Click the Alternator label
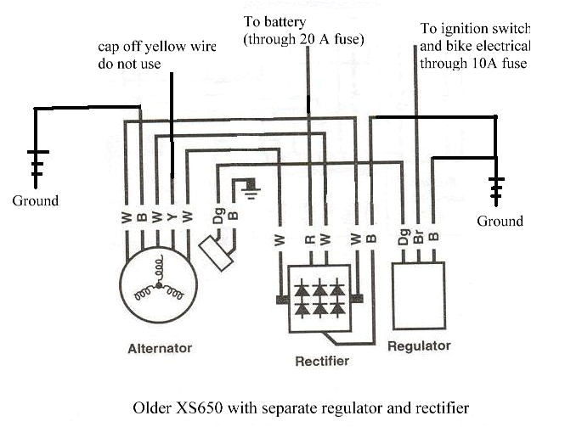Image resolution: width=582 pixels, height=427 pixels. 160,348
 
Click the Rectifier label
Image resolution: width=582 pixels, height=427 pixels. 322,361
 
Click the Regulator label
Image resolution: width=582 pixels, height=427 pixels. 419,346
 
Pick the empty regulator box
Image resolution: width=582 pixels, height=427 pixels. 418,294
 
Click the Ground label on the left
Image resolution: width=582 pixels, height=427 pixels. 35,201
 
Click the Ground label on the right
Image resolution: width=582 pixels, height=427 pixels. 500,222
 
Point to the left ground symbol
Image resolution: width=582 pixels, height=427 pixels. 37,166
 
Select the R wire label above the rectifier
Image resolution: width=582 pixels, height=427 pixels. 310,239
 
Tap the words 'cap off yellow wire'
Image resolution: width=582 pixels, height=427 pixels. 156,48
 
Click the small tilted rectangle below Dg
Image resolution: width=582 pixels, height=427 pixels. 216,253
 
